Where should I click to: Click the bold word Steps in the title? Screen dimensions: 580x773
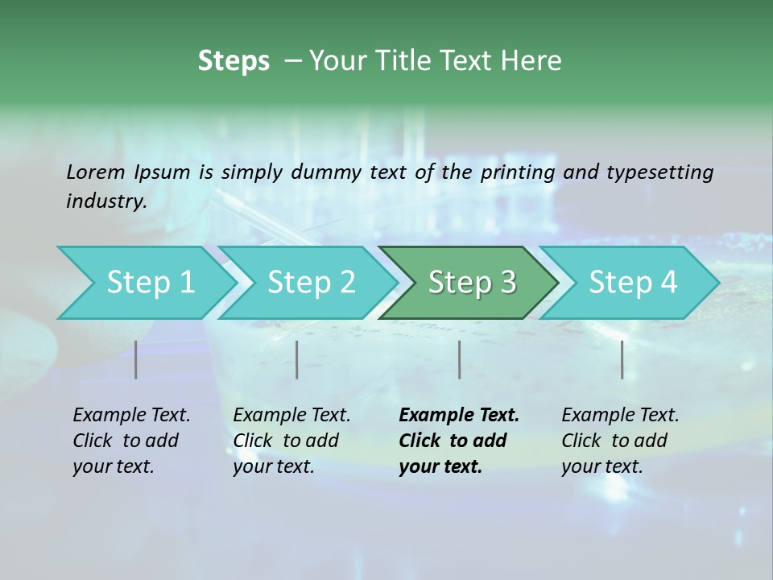coord(234,61)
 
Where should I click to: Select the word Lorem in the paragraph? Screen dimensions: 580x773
coord(95,172)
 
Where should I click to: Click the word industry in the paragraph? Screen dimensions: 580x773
coord(105,201)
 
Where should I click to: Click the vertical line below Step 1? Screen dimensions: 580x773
coord(136,359)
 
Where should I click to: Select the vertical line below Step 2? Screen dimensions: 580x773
coord(297,359)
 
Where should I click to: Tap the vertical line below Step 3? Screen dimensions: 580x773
coord(459,359)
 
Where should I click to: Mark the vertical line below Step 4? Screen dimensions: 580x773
coord(622,359)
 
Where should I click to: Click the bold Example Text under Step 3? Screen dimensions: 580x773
coord(459,416)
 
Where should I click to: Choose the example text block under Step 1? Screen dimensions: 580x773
coord(131,441)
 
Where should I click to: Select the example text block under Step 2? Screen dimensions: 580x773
coord(291,441)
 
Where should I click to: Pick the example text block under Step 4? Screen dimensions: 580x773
coord(620,441)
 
